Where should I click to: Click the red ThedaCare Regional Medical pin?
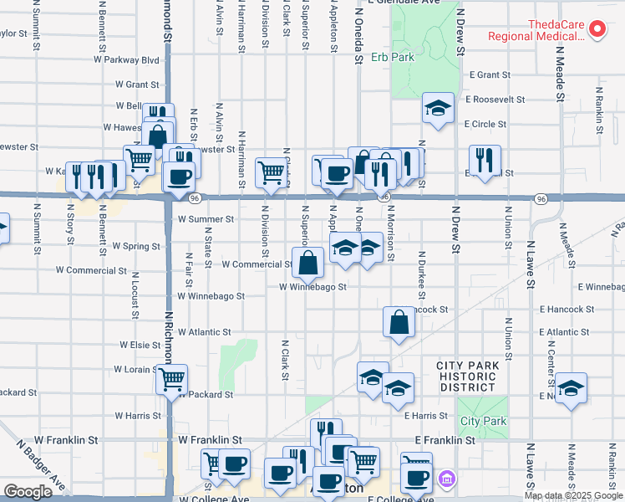(598, 29)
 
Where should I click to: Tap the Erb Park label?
(392, 59)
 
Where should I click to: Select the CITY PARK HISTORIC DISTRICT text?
(467, 376)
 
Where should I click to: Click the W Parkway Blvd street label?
(126, 60)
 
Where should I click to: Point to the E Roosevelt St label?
(495, 99)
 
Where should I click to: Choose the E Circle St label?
(488, 124)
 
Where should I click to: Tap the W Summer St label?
(206, 219)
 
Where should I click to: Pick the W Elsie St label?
(140, 345)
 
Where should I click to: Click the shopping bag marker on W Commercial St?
(308, 262)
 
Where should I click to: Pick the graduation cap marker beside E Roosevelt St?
(437, 108)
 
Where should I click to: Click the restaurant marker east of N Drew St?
(485, 161)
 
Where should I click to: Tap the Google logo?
(28, 492)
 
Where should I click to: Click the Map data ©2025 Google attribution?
(573, 495)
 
